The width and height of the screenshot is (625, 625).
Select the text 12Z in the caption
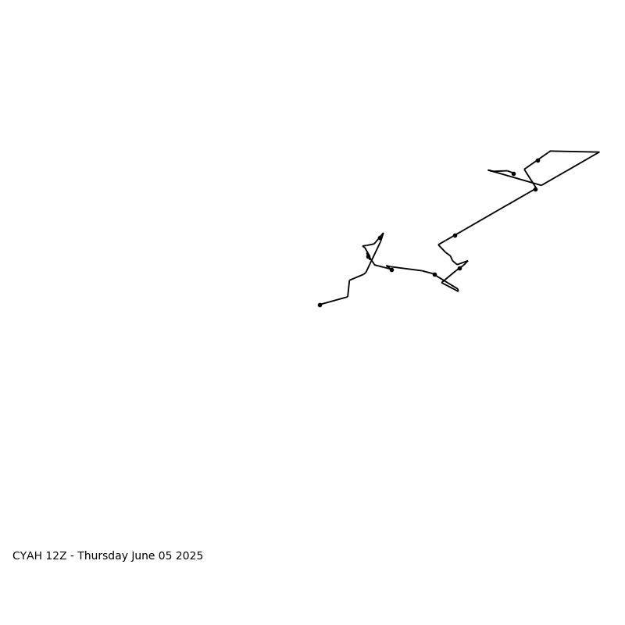pyautogui.click(x=56, y=555)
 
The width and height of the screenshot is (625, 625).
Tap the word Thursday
pyautogui.click(x=103, y=556)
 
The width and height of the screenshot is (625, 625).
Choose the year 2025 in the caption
pyautogui.click(x=189, y=555)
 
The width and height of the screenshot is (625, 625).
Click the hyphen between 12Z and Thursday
pyautogui.click(x=72, y=557)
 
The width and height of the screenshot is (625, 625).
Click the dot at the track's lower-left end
pyautogui.click(x=320, y=305)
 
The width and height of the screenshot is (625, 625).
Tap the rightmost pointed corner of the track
pyautogui.click(x=599, y=152)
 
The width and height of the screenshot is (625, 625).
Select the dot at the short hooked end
pyautogui.click(x=513, y=173)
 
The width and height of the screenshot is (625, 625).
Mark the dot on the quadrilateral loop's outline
pyautogui.click(x=537, y=161)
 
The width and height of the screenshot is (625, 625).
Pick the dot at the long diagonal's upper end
pyautogui.click(x=535, y=189)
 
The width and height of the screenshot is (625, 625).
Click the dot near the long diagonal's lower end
pyautogui.click(x=455, y=236)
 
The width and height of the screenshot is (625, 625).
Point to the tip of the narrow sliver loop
pyautogui.click(x=459, y=291)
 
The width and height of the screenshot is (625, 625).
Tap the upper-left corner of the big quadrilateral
pyautogui.click(x=551, y=151)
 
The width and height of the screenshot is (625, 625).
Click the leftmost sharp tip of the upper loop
pyautogui.click(x=488, y=170)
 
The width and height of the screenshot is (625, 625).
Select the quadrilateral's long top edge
pyautogui.click(x=575, y=152)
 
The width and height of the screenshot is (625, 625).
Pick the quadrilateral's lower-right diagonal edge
pyautogui.click(x=570, y=169)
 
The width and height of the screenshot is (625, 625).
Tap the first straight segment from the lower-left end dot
pyautogui.click(x=334, y=301)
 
